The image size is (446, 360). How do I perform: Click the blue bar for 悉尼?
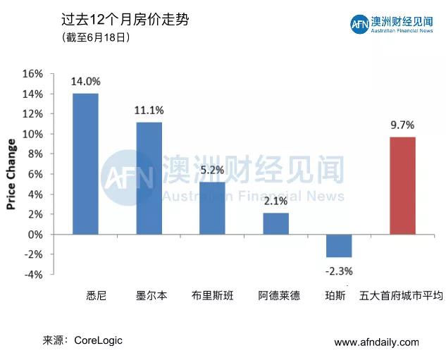point(85,163)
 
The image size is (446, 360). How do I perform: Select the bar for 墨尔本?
point(149,178)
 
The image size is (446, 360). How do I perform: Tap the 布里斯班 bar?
point(212,208)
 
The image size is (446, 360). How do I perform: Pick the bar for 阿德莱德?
point(275,223)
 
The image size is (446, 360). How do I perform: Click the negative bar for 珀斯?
point(339,246)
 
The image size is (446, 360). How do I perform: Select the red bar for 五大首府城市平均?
point(402,185)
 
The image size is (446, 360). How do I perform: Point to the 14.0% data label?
point(85,82)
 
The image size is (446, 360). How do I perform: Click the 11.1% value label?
point(149,111)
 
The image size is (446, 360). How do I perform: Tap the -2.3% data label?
point(339,271)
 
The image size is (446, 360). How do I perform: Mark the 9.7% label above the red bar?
point(402,125)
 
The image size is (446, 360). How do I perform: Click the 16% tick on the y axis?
point(33,74)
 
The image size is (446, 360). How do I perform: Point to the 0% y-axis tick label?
point(36,235)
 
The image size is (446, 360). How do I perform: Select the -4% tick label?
point(33,275)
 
